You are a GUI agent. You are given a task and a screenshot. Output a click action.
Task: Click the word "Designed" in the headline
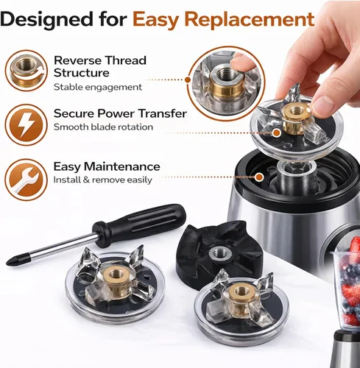coord(46,20)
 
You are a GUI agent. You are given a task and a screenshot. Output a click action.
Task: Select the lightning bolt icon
coord(27,125)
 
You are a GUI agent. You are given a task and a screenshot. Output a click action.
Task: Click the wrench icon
coord(27,180)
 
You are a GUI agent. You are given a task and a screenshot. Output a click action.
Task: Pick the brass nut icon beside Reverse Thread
coord(27,71)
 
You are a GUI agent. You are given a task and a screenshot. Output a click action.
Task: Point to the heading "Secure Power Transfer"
coord(120,113)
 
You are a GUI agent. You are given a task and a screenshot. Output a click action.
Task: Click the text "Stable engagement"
coord(98,87)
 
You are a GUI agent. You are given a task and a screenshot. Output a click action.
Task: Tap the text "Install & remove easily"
coord(103,180)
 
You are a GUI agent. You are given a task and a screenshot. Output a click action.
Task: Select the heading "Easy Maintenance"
coord(107,167)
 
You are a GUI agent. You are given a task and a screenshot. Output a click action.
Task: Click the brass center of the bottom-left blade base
coord(115,277)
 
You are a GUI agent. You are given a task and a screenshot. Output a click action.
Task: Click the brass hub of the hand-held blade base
coord(295,118)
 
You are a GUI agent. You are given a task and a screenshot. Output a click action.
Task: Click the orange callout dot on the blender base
coord(259,177)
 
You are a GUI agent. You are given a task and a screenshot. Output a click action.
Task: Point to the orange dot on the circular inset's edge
coord(188,79)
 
